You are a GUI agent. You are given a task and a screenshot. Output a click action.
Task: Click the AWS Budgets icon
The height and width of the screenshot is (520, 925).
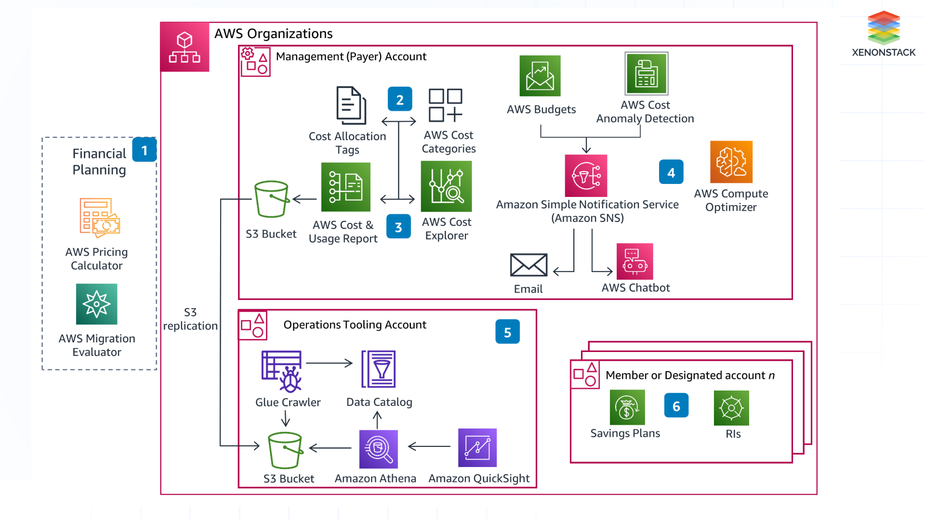pos(540,76)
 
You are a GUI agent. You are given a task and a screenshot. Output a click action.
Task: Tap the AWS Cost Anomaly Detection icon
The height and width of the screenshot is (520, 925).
pos(646,74)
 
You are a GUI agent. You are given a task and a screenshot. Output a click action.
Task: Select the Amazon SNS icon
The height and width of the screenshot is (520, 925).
pos(586,176)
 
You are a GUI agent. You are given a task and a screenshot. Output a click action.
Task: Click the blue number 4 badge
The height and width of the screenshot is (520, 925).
pos(671,172)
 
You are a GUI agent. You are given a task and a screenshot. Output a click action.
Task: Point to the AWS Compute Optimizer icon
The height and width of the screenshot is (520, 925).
pos(731,162)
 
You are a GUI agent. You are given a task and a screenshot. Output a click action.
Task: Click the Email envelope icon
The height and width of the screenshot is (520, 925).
pos(529,265)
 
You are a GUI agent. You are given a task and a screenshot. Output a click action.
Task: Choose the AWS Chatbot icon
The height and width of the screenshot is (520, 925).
pos(634,261)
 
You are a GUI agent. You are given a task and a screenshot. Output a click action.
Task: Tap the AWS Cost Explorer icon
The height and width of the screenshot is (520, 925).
pos(446,187)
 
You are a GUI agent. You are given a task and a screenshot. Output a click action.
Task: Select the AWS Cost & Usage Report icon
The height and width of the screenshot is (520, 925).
pos(345,187)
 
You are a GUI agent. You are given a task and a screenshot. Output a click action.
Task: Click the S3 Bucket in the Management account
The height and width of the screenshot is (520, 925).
pos(271,199)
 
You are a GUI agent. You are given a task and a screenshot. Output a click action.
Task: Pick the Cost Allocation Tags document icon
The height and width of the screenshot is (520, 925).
pos(351,105)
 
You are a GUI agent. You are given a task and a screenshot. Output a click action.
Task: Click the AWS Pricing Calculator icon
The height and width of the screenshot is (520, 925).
pos(99,218)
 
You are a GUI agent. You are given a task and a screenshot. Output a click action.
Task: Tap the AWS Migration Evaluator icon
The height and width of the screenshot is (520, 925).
pos(96,304)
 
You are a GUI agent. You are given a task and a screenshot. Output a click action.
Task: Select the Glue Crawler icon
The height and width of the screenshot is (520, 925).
pos(282,371)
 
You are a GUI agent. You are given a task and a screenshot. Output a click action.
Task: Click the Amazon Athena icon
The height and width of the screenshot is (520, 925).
pos(378,449)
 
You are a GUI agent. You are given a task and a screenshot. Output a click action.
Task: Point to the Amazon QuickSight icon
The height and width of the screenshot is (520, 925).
pos(477,448)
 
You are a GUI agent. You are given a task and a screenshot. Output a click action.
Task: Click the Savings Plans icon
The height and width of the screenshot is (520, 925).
pos(627,408)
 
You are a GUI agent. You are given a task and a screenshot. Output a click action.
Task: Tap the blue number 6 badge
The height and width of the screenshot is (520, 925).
pos(676,406)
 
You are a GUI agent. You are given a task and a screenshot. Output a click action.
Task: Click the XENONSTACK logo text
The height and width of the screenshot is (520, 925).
pos(883,52)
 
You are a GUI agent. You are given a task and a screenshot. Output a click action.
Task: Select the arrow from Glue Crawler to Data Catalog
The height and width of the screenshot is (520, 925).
pos(330,363)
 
